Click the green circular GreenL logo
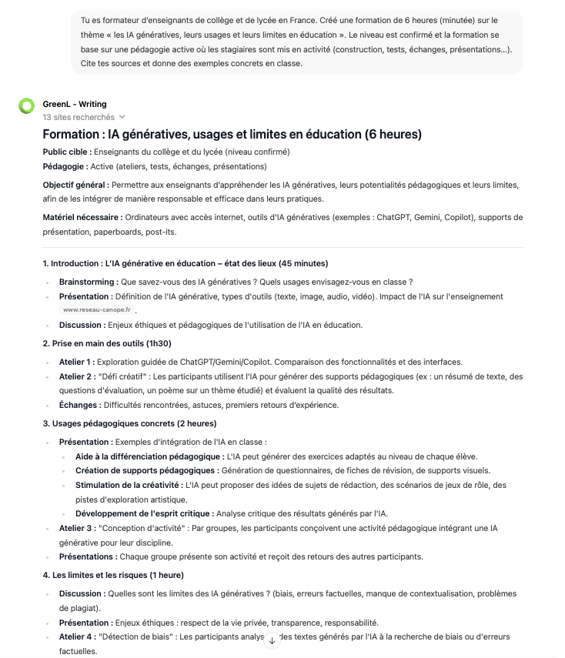tap(27, 105)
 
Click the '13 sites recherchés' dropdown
tap(84, 118)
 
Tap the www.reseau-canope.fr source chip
tap(97, 309)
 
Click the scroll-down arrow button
tap(272, 640)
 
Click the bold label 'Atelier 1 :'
tap(76, 362)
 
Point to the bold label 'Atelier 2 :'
tap(76, 376)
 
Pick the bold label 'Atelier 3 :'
tap(76, 527)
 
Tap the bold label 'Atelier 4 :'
tap(76, 636)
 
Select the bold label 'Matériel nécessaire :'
tap(82, 218)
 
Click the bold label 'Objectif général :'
tap(75, 185)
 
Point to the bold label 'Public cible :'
tap(67, 152)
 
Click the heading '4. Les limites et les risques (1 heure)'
tap(113, 575)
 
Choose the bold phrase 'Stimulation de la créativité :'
tap(129, 485)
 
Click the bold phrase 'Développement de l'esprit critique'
tap(142, 513)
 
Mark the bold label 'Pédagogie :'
tap(65, 166)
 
